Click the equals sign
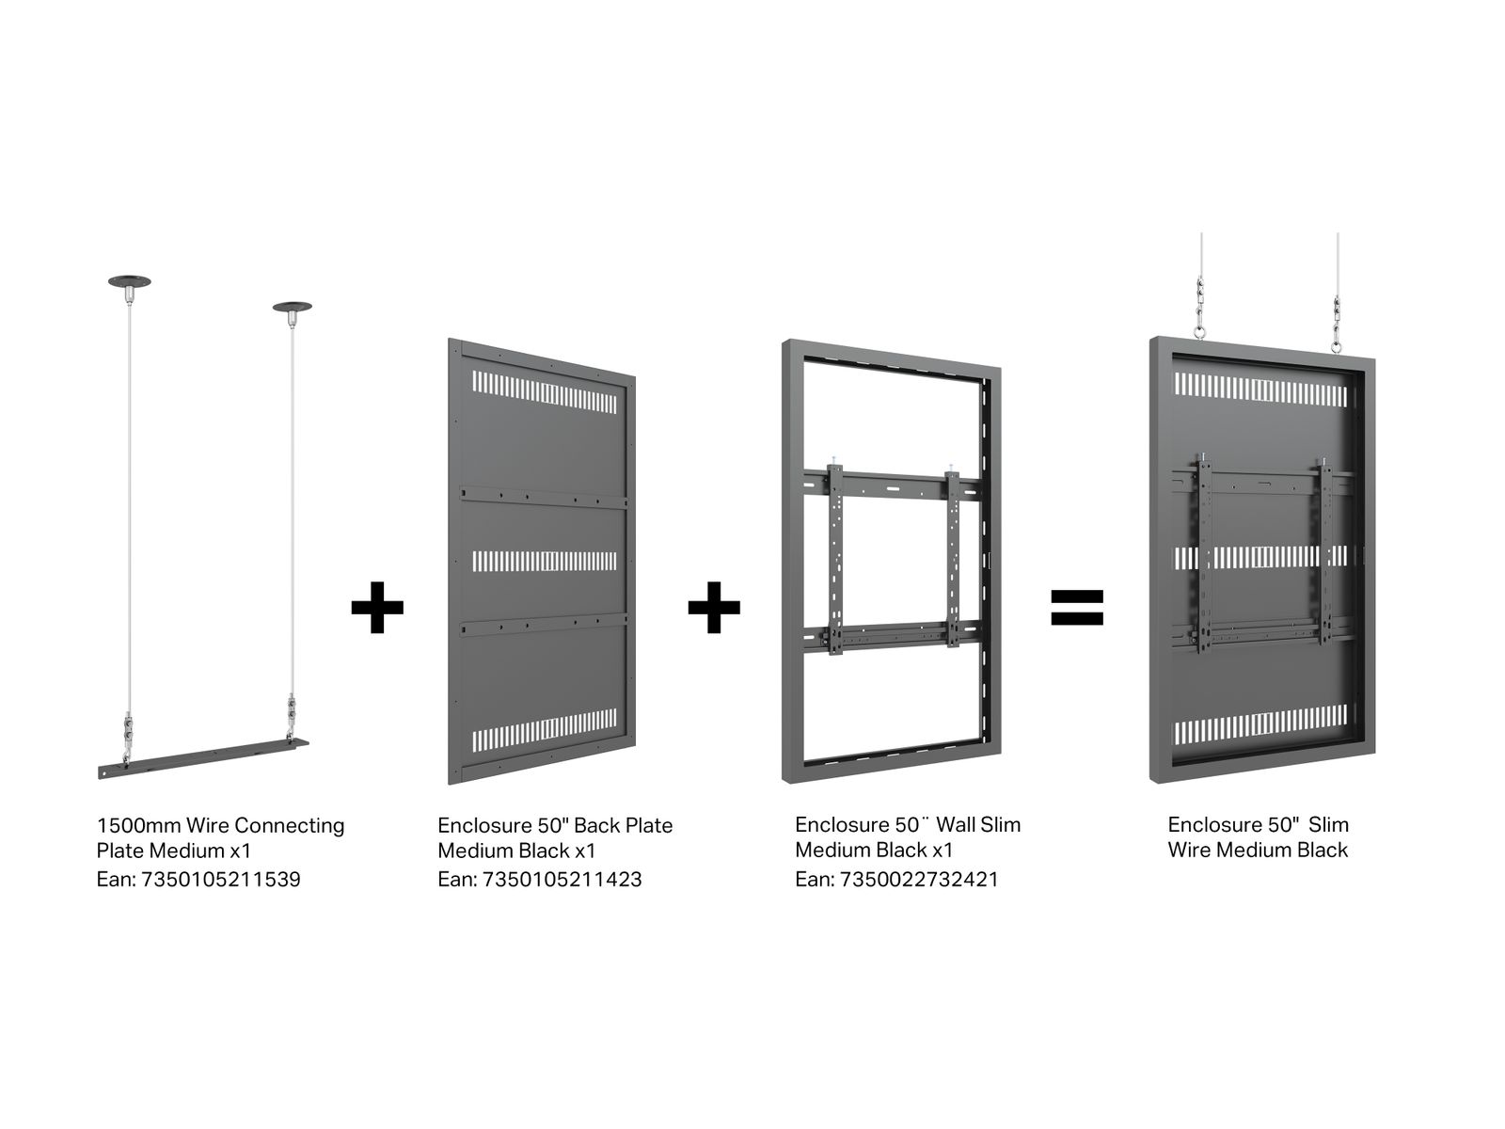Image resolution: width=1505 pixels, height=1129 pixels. click(x=1076, y=608)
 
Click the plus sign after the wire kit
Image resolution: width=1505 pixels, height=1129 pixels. click(x=377, y=608)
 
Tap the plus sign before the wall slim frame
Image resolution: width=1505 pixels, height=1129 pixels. click(x=714, y=608)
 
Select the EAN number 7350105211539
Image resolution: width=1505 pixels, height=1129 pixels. click(x=221, y=880)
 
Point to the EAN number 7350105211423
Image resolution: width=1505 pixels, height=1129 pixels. click(x=562, y=880)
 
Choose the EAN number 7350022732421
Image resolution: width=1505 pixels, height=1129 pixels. click(x=919, y=880)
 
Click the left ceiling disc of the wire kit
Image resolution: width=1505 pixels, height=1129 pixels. click(x=130, y=281)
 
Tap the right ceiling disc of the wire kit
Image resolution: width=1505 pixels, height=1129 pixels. click(x=293, y=307)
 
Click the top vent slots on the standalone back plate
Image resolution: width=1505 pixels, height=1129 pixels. click(x=545, y=392)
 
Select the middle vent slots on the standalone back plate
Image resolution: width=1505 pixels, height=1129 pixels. click(x=545, y=562)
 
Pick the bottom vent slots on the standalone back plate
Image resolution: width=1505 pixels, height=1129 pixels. click(x=545, y=730)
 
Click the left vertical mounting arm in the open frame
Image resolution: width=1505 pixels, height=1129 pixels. click(x=835, y=560)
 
